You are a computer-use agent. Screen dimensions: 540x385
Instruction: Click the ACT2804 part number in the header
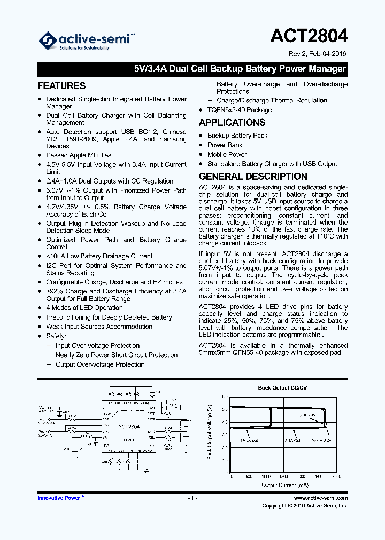pos(309,35)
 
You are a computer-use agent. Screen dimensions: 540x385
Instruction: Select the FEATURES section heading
pos(61,86)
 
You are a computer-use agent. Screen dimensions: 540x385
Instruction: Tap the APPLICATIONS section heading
pos(232,123)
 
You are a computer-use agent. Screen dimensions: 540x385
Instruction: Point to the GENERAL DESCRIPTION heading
pos(253,177)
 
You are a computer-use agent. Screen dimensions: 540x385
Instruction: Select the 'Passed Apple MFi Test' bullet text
pos(80,155)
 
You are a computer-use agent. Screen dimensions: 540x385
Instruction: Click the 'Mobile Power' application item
pos(227,155)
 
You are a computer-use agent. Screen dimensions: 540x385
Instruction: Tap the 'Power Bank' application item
pos(225,145)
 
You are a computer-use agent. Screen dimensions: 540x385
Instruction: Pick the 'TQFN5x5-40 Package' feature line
pos(240,110)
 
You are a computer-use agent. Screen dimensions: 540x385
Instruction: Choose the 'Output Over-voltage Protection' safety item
pos(100,364)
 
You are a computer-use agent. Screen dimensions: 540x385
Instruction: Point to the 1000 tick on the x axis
pos(266,476)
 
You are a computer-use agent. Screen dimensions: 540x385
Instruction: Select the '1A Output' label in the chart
pos(249,440)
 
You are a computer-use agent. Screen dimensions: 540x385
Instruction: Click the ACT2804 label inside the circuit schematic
pos(128,427)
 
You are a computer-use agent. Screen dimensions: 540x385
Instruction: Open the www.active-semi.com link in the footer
pos(320,498)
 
